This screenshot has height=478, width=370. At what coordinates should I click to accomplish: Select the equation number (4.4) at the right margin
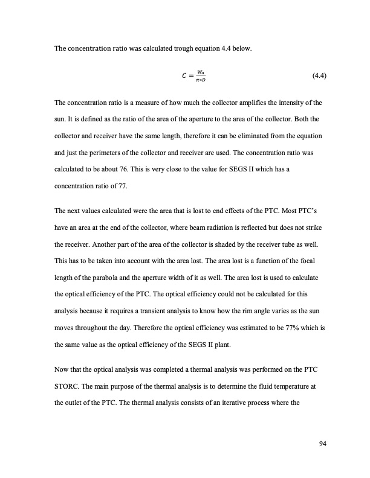coord(319,76)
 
